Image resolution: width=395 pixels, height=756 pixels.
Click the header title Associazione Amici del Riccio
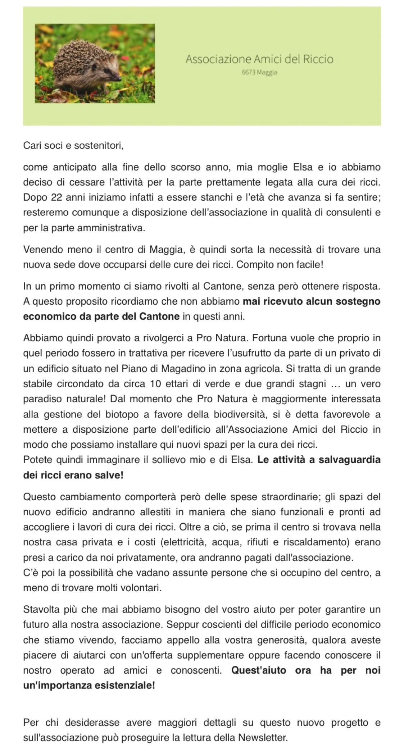[x=259, y=59]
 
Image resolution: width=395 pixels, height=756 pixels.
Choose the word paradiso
[x=41, y=399]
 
